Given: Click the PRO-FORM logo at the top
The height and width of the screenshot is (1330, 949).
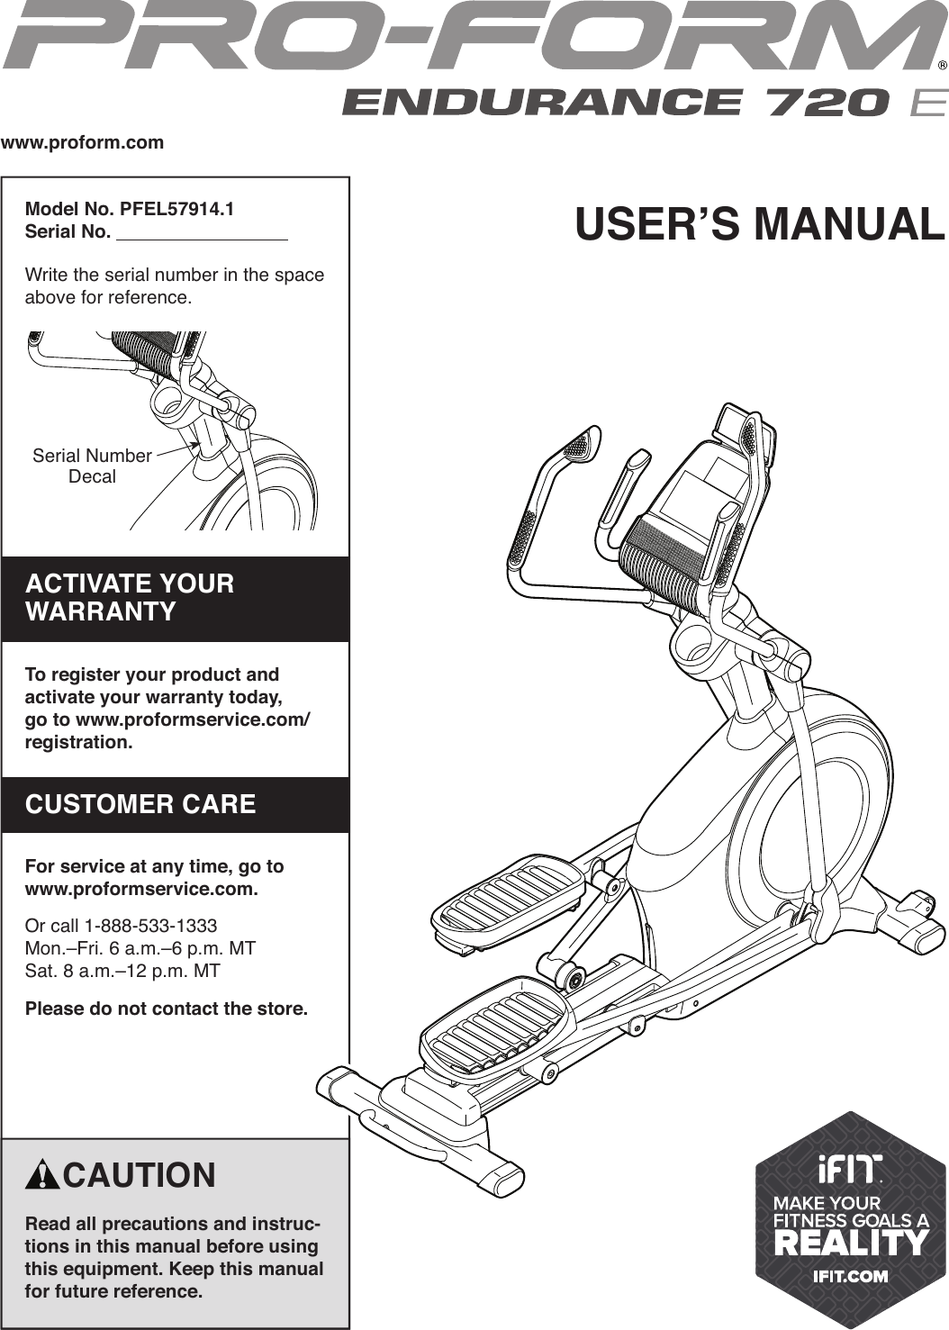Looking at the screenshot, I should coord(468,38).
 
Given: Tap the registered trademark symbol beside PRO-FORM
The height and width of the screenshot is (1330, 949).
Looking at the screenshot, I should coord(941,66).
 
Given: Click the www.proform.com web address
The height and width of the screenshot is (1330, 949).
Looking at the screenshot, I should coord(83,142).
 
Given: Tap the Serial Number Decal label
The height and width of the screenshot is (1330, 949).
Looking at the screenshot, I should coord(92,466).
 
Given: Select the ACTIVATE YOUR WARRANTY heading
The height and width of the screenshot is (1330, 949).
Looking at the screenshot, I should coord(130,597).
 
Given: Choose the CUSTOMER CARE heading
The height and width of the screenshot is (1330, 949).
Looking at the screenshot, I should coord(140,804).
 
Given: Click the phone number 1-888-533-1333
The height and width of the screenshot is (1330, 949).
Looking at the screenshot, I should coord(150,926).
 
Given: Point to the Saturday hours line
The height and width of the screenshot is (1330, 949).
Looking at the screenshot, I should coord(122,971).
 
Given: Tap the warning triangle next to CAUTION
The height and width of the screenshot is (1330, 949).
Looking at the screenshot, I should coord(42,1176).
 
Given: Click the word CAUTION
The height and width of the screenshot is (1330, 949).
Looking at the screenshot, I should coord(140,1176).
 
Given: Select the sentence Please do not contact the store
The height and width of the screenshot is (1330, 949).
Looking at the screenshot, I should coord(167,1009).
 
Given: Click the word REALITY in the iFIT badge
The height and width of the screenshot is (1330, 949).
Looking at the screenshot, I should coord(851,1244).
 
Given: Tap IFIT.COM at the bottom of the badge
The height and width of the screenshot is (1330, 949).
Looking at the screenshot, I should coord(851,1275).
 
